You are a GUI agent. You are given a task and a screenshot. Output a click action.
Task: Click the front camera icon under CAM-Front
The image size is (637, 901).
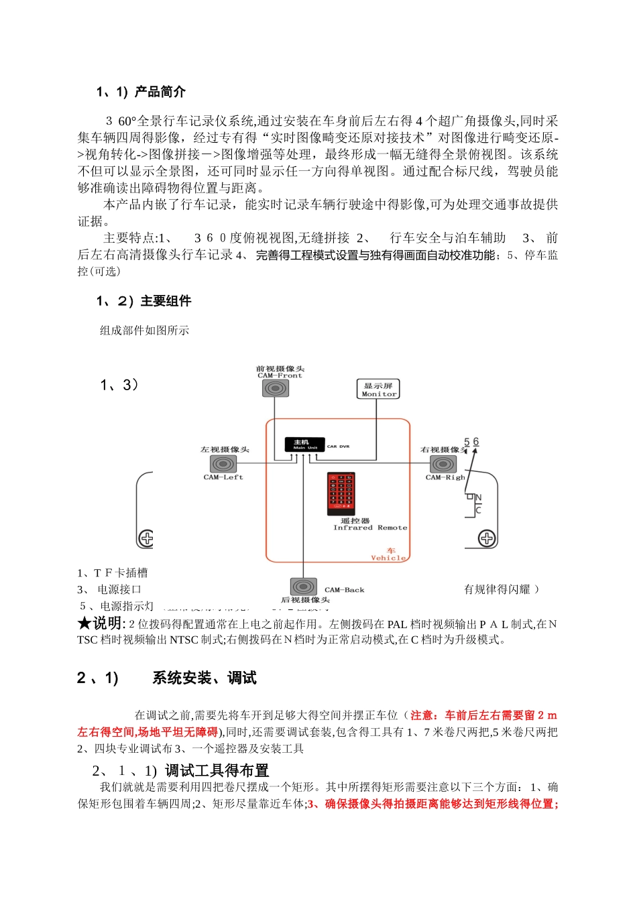276,387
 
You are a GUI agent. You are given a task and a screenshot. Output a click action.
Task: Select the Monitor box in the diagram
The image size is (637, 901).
378,389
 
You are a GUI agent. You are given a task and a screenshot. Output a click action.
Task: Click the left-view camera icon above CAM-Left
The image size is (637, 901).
223,464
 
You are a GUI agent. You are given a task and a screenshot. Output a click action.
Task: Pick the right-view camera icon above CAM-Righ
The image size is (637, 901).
443,464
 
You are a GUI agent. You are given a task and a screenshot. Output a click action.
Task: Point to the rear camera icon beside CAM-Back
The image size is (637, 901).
304,587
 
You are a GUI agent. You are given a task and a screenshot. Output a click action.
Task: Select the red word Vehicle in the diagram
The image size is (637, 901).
389,558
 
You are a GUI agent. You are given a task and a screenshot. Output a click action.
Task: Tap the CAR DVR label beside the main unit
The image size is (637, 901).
338,446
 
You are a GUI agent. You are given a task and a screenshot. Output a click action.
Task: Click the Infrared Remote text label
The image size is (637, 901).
370,528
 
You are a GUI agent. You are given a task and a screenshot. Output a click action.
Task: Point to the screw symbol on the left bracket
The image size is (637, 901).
146,538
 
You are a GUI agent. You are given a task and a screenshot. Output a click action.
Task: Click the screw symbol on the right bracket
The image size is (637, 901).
487,538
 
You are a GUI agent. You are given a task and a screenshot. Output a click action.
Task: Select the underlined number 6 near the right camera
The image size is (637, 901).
476,442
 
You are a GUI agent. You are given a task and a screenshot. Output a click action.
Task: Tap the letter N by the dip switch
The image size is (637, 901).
478,498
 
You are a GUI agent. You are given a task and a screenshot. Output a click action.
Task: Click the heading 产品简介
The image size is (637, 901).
160,92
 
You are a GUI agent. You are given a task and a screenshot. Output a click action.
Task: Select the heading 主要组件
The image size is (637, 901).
166,301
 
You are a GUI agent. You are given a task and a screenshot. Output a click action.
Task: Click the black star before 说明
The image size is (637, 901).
84,623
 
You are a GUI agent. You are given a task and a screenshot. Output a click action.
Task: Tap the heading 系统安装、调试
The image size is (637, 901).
204,678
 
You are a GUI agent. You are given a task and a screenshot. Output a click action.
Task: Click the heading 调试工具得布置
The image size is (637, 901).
217,771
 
